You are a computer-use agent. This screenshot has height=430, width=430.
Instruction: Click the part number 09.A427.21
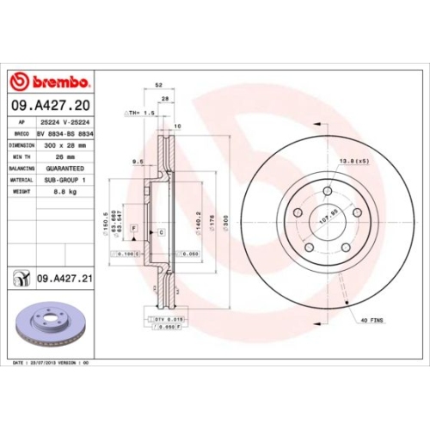pos(64,277)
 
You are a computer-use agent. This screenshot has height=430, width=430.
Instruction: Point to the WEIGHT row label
pos(22,192)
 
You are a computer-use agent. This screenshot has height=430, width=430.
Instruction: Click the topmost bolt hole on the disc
pos(329,191)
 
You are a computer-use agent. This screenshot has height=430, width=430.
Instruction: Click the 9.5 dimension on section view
pos(137,162)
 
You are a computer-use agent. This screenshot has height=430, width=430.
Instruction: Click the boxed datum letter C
pos(160,232)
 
